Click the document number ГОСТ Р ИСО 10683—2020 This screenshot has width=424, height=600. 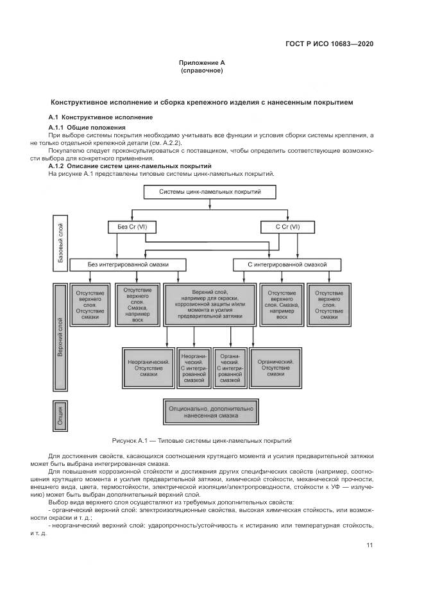[x=329, y=44]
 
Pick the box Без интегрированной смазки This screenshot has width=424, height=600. [x=128, y=264]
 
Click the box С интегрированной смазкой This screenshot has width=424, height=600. [x=287, y=264]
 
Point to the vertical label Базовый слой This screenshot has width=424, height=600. [x=60, y=241]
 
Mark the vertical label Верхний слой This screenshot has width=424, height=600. [x=60, y=337]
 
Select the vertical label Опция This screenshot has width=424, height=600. [x=60, y=414]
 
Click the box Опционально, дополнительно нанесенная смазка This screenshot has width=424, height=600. [x=210, y=411]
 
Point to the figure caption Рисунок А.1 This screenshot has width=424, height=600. [x=201, y=441]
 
